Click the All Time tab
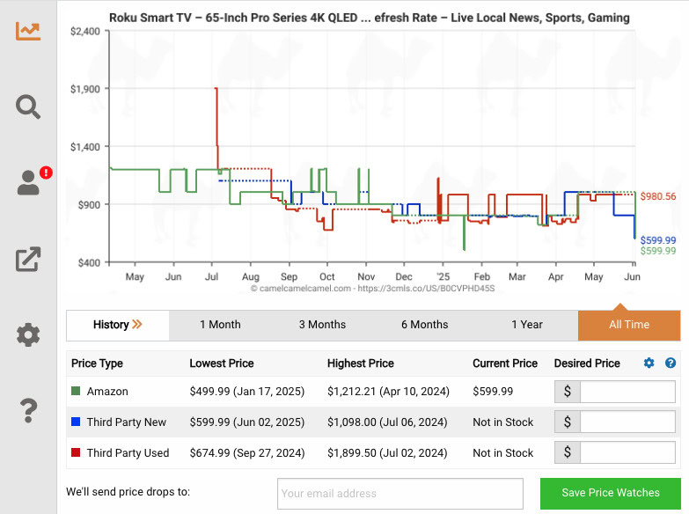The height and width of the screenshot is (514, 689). point(628,325)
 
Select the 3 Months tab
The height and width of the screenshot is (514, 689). point(322,325)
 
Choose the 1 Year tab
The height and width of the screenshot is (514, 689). point(526,325)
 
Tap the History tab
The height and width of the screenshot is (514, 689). point(118,325)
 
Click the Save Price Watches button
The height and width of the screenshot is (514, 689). point(611,493)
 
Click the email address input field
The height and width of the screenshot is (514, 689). point(399,494)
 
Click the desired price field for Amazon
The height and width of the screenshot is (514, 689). point(627,392)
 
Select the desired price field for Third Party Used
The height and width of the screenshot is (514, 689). point(627,452)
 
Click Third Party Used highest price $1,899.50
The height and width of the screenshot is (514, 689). point(386,452)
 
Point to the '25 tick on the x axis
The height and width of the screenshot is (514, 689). point(441,277)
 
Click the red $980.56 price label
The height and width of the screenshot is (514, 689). point(658,196)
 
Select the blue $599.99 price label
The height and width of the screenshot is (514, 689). point(658,240)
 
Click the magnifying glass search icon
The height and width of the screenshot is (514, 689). point(28,107)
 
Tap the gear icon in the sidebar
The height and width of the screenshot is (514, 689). point(28,334)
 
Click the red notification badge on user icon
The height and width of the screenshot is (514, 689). point(46,173)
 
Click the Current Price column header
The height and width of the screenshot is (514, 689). point(504,363)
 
